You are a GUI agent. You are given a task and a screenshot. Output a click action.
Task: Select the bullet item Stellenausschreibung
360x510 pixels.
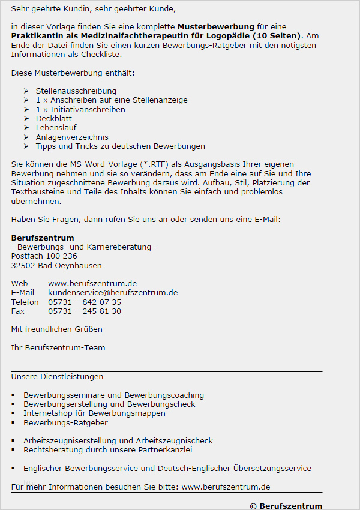[x=76, y=91]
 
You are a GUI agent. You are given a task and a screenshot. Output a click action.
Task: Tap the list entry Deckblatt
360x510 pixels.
[x=53, y=118]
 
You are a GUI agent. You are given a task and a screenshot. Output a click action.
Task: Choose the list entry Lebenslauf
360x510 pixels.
[x=56, y=128]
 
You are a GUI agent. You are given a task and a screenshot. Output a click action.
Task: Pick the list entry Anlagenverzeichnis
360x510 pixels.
[x=72, y=137]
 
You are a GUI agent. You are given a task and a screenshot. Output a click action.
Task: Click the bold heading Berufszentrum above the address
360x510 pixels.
[x=43, y=238]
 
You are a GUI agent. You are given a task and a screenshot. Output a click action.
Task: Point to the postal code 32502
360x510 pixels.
[x=23, y=265]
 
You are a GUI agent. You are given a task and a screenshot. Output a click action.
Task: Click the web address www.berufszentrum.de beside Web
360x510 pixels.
[x=92, y=283]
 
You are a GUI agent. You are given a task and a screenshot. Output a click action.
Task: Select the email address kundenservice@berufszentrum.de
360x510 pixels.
[x=113, y=292]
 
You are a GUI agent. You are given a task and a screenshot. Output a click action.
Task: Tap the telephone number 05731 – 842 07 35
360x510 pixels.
[x=85, y=302]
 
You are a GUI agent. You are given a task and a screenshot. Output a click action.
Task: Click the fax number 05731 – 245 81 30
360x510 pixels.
[x=85, y=311]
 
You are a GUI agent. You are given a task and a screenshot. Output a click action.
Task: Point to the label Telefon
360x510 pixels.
[x=25, y=302]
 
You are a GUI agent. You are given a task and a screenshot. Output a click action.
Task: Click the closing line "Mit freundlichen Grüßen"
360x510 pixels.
[x=56, y=329]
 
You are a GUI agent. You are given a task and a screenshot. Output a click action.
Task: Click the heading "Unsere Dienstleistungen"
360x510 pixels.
[x=57, y=377]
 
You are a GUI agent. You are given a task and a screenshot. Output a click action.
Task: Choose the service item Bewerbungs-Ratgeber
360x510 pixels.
[x=65, y=422]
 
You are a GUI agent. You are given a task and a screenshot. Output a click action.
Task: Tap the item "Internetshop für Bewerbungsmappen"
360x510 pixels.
[x=94, y=413]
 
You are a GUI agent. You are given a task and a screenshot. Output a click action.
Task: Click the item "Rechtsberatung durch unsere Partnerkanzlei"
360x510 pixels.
[x=107, y=449]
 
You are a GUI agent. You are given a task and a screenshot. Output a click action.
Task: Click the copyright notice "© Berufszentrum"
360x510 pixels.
[x=286, y=506]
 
